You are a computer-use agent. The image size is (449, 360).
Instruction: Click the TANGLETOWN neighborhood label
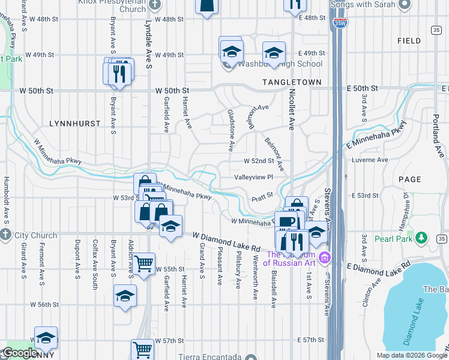pyautogui.click(x=291, y=82)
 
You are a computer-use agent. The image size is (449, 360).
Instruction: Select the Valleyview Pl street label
pyautogui.click(x=253, y=177)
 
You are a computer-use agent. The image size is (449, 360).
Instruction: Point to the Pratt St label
pyautogui.click(x=262, y=195)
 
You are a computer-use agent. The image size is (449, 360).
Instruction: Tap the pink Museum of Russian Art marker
pyautogui.click(x=325, y=258)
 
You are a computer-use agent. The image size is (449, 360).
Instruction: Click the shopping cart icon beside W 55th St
pyautogui.click(x=144, y=263)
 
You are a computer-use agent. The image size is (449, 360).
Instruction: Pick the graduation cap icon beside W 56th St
pyautogui.click(x=125, y=296)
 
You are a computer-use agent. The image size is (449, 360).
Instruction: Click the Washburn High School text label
pyautogui.click(x=281, y=64)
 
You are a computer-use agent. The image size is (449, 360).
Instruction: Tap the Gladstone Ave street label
pyautogui.click(x=231, y=130)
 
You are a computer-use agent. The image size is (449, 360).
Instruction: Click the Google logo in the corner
pyautogui.click(x=19, y=353)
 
